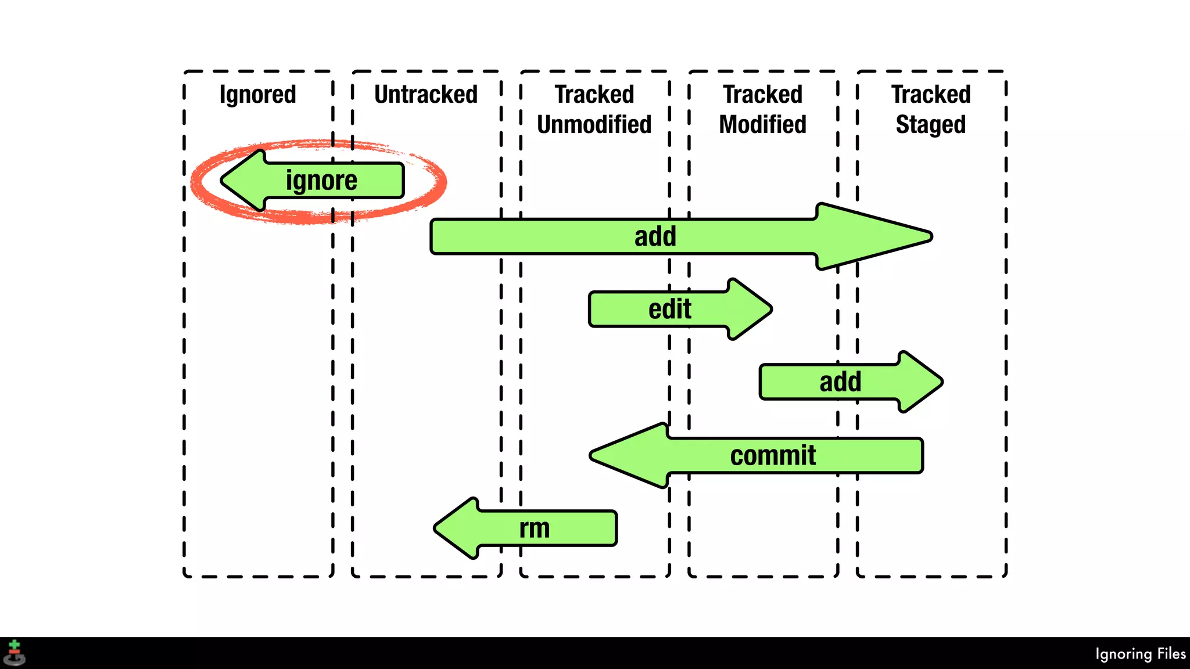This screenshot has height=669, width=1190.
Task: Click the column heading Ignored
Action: [257, 95]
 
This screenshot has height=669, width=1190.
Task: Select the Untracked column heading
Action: [426, 95]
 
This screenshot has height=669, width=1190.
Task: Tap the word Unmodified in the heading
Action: [594, 124]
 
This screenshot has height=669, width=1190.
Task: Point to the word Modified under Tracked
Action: [762, 124]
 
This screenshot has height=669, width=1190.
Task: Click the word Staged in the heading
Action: [930, 125]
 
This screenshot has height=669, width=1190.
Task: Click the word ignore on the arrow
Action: [321, 181]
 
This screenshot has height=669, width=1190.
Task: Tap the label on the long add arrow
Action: [655, 236]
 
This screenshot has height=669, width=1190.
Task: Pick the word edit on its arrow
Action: [669, 309]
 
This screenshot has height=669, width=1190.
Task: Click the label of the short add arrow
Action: [840, 382]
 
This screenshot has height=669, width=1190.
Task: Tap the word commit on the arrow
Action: [773, 455]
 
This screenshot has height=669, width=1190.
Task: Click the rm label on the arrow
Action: [534, 528]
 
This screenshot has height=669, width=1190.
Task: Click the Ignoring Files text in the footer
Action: [1140, 654]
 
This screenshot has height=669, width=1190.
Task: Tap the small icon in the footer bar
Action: [15, 653]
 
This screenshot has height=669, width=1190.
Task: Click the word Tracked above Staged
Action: [931, 95]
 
